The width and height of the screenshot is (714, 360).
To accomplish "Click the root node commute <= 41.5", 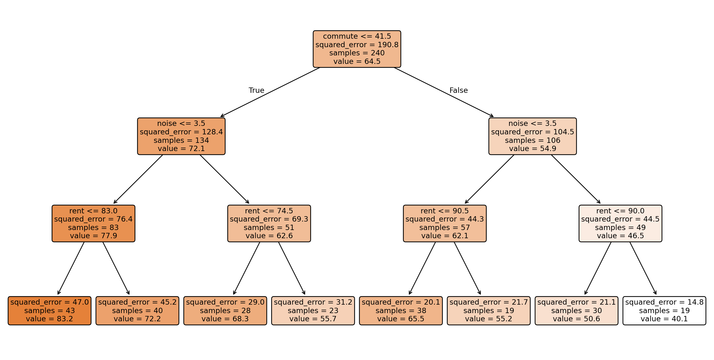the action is click(x=357, y=49).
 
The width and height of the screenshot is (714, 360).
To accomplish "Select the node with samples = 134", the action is click(x=181, y=136).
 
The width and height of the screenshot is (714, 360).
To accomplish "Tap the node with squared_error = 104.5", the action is click(x=533, y=136).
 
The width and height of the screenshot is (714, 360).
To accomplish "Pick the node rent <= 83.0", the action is click(x=93, y=223).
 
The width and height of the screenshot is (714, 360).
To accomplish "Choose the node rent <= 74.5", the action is click(x=269, y=223).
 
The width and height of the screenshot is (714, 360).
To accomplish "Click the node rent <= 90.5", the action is click(x=445, y=223).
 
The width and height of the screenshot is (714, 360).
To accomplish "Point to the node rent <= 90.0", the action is click(x=620, y=223).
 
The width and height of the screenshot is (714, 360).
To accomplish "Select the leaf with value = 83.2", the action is click(x=49, y=311).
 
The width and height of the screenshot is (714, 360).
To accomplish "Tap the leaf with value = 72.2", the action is click(x=137, y=311).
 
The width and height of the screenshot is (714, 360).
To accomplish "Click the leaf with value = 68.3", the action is click(x=225, y=311).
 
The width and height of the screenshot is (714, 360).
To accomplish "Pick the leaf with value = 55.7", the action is click(x=313, y=311).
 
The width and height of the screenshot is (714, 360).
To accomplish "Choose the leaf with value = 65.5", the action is click(x=401, y=311).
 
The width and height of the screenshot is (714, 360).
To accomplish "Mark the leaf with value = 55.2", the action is click(x=489, y=311).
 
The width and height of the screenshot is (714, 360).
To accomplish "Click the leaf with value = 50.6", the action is click(x=576, y=311).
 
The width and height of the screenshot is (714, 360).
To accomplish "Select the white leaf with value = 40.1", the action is click(x=664, y=311).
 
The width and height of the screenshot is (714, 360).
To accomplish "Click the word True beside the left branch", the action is click(x=257, y=90).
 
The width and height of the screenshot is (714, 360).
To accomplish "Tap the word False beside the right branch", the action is click(x=459, y=90).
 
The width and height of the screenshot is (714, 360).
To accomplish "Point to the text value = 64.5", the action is click(x=357, y=61).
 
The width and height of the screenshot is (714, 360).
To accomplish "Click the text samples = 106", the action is click(x=533, y=140).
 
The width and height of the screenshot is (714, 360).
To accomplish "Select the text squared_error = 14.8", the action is click(x=664, y=302).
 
